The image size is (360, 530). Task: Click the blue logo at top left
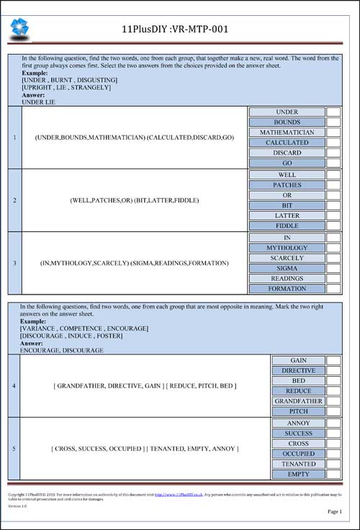(x=19, y=28)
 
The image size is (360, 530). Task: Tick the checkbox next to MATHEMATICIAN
(x=333, y=132)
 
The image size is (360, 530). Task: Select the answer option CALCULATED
(x=287, y=143)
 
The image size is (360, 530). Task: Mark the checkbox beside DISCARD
(x=333, y=153)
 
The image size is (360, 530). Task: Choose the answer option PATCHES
(x=287, y=185)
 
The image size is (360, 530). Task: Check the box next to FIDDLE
(x=333, y=225)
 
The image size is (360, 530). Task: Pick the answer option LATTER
(x=287, y=215)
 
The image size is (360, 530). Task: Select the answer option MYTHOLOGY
(x=287, y=248)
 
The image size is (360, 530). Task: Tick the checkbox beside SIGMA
(x=333, y=268)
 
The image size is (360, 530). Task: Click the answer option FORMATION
(x=287, y=289)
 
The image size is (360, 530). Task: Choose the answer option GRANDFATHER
(x=297, y=401)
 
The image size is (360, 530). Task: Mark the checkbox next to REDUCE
(x=333, y=391)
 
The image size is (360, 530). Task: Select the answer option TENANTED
(x=297, y=464)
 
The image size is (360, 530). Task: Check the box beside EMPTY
(x=333, y=475)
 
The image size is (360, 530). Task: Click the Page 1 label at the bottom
(x=334, y=511)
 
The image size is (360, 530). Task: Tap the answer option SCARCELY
(x=287, y=258)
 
